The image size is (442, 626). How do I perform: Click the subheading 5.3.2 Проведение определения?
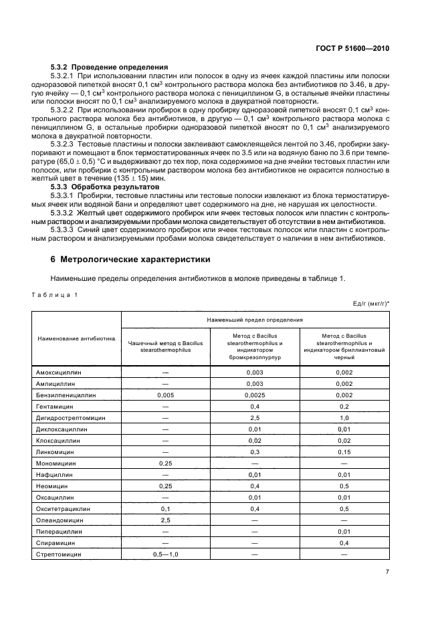[110, 68]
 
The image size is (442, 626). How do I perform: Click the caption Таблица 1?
[55, 294]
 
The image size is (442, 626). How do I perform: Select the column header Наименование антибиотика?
[76, 338]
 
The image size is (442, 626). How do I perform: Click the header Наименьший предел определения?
[255, 320]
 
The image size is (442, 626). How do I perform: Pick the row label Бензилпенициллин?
[66, 395]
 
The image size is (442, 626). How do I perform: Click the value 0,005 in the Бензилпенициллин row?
[166, 395]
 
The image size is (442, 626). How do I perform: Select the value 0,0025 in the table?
[255, 395]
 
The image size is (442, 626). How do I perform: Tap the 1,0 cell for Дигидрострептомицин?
[344, 418]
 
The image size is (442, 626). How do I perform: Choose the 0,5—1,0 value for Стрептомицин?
[166, 554]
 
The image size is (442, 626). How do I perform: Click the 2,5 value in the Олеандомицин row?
[166, 520]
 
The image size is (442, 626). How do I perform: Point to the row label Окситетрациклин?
[64, 509]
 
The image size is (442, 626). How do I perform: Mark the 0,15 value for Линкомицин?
[344, 452]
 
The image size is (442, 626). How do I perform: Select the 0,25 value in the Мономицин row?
[166, 463]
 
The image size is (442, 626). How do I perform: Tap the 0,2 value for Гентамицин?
[344, 407]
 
